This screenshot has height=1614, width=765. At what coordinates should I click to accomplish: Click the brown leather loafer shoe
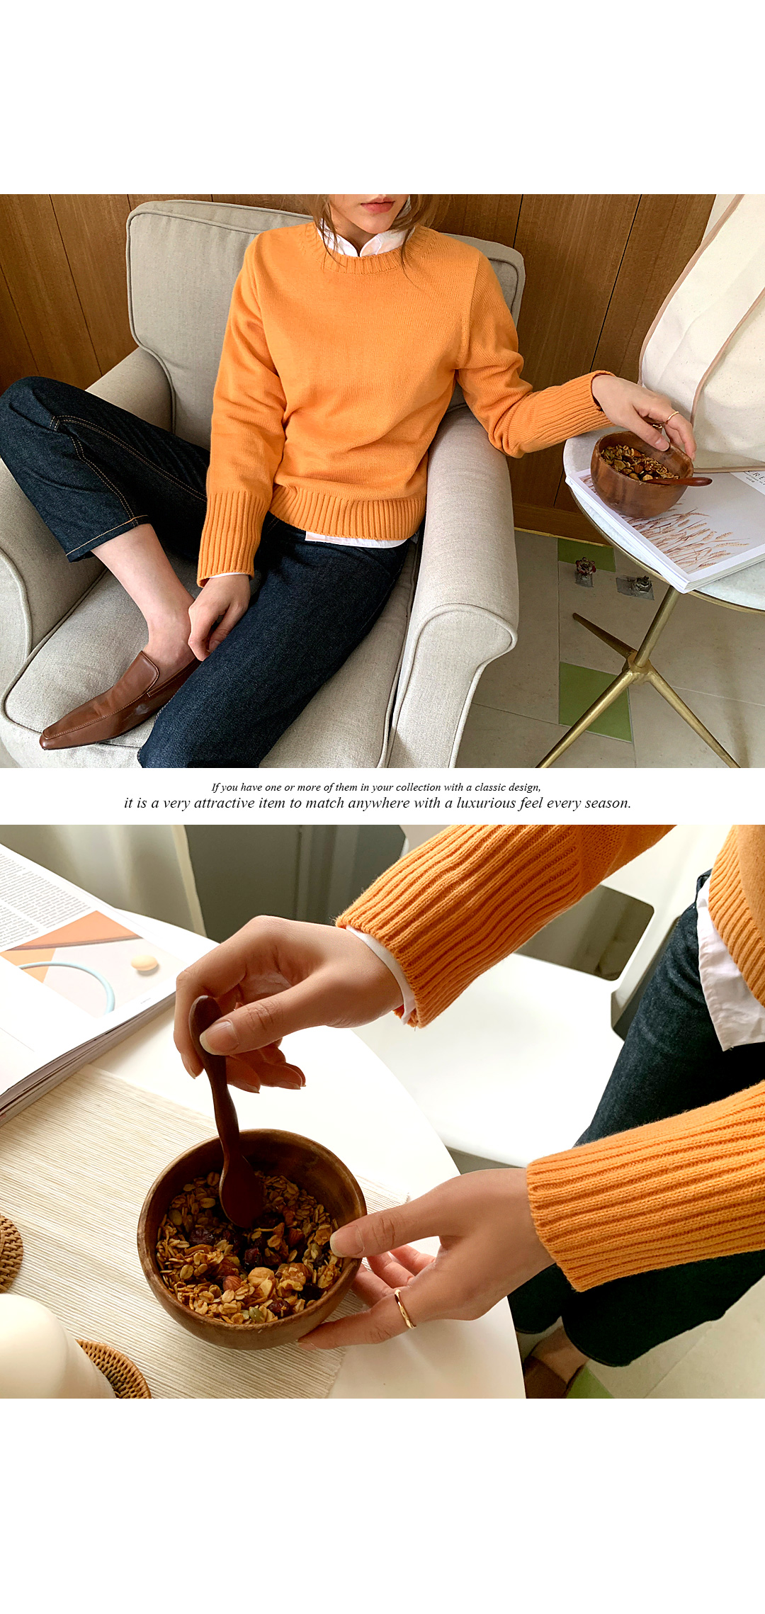(x=117, y=701)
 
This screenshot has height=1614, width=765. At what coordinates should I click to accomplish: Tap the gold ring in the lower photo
(x=404, y=1309)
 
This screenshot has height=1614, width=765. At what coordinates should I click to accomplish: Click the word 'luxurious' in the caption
(x=485, y=803)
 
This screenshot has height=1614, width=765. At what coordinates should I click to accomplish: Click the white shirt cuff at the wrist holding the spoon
(x=387, y=970)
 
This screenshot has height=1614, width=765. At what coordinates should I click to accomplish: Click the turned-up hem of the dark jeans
(x=106, y=542)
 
